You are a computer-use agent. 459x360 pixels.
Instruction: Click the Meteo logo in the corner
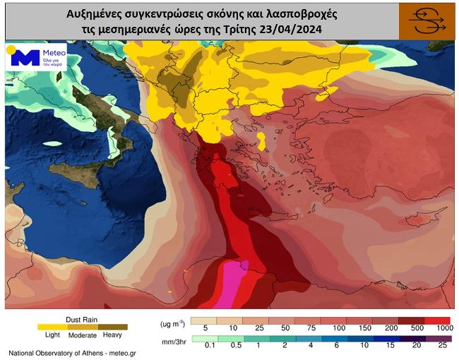tap(36, 56)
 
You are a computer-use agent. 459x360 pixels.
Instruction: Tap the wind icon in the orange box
tap(426, 21)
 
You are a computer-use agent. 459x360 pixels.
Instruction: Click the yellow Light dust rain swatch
tap(48, 327)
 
